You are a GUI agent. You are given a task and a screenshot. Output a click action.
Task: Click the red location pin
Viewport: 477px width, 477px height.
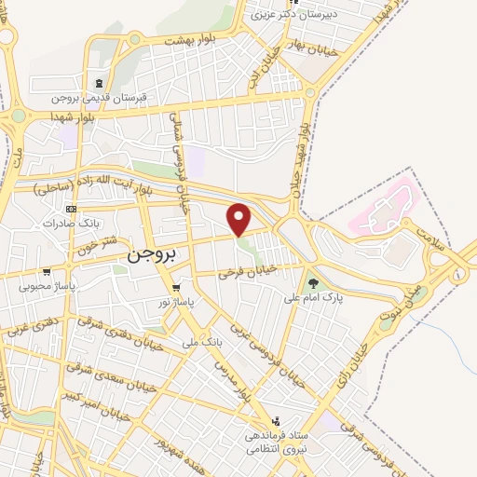[239, 219]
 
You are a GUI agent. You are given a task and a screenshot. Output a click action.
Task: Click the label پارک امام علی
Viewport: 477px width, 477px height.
[313, 299]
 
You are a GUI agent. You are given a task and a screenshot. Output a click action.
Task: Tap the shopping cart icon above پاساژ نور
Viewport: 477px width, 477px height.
[176, 287]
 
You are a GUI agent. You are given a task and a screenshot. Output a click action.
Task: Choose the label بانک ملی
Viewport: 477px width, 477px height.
[206, 344]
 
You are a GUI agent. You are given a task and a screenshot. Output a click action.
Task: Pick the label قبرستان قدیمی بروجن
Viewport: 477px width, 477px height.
[100, 98]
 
